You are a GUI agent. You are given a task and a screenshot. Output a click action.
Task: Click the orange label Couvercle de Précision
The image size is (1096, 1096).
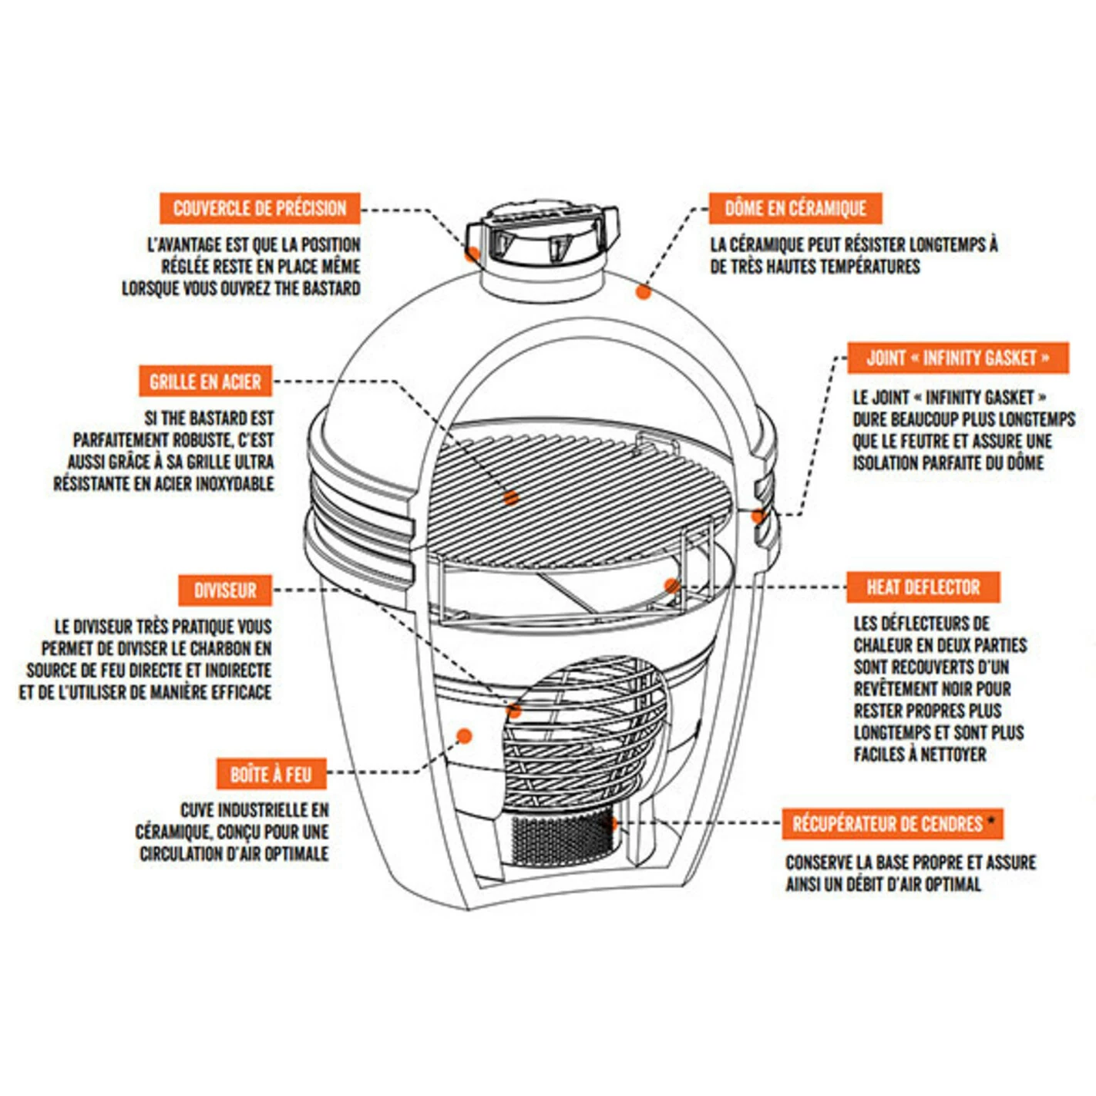(260, 208)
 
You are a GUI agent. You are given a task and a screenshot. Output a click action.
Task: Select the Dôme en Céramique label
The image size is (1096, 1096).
(795, 208)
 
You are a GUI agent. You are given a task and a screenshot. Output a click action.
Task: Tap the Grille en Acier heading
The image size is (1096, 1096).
(205, 382)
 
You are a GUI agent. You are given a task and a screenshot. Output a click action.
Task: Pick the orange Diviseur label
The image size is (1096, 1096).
(224, 590)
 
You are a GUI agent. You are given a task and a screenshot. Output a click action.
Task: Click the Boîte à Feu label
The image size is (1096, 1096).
(271, 774)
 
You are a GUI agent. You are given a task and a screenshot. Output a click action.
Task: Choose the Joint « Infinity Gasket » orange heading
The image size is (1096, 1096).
(957, 358)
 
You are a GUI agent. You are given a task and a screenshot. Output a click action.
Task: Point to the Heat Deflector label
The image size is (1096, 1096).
(923, 587)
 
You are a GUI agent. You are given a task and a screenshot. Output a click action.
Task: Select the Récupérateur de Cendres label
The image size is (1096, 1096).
(887, 824)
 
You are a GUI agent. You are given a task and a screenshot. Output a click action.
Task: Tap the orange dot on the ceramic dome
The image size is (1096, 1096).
(644, 291)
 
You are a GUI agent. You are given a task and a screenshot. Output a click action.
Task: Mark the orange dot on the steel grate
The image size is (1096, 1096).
(510, 498)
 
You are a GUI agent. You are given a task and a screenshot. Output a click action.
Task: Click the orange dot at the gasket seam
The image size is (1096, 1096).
(758, 516)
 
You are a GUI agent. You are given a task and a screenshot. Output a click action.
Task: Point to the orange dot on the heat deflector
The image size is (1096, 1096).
(671, 586)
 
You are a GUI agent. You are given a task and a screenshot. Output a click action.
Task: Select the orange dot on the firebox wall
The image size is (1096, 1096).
(464, 736)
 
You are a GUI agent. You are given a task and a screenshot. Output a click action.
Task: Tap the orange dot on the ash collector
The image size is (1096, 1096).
(614, 823)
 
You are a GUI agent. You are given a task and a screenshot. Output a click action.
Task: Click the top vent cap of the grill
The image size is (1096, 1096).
(542, 235)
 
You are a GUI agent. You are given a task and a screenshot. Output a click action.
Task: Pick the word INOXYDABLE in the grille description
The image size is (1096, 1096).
(234, 484)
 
